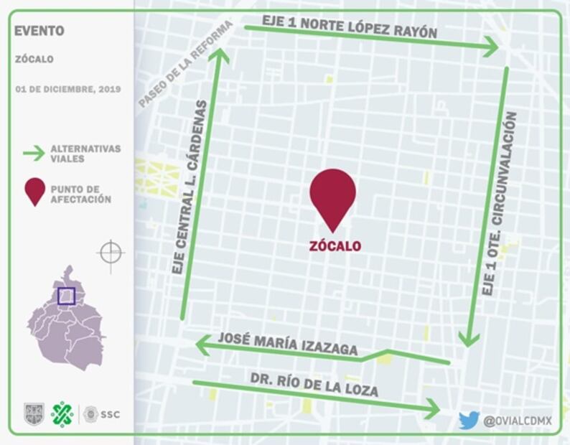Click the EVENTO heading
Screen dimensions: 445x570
coord(39,31)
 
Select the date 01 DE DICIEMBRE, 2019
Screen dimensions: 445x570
coord(67,90)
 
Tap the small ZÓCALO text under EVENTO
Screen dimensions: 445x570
coord(34,60)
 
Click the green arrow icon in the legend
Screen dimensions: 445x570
coord(34,153)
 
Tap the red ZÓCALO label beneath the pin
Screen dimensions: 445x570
coord(335,246)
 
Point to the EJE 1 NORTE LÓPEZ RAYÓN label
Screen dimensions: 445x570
coord(349,27)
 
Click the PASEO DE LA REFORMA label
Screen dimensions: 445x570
coord(185,64)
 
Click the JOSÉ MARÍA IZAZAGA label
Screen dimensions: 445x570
coord(288,344)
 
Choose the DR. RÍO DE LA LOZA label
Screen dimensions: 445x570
coord(314,385)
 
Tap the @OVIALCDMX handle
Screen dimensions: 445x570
coord(518,421)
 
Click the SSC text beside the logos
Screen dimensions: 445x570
coord(110,414)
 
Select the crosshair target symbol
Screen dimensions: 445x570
coord(110,253)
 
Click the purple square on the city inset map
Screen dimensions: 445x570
coord(67,296)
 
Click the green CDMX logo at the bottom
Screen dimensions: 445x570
coord(62,414)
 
